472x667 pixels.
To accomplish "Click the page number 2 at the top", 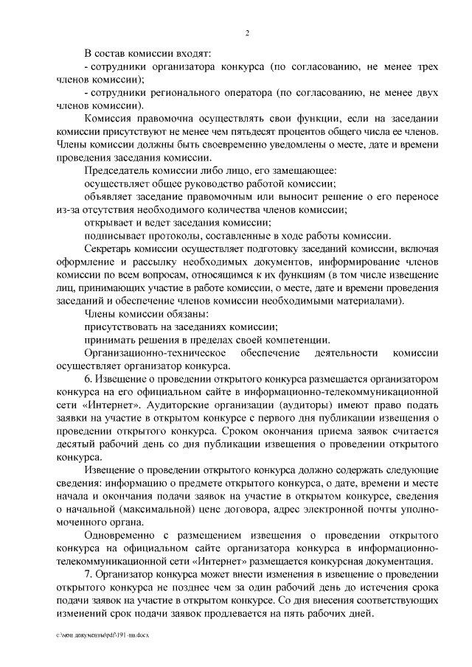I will (248, 32).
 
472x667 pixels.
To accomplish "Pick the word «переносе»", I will (417, 197).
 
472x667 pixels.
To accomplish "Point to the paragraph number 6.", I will (89, 380).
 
